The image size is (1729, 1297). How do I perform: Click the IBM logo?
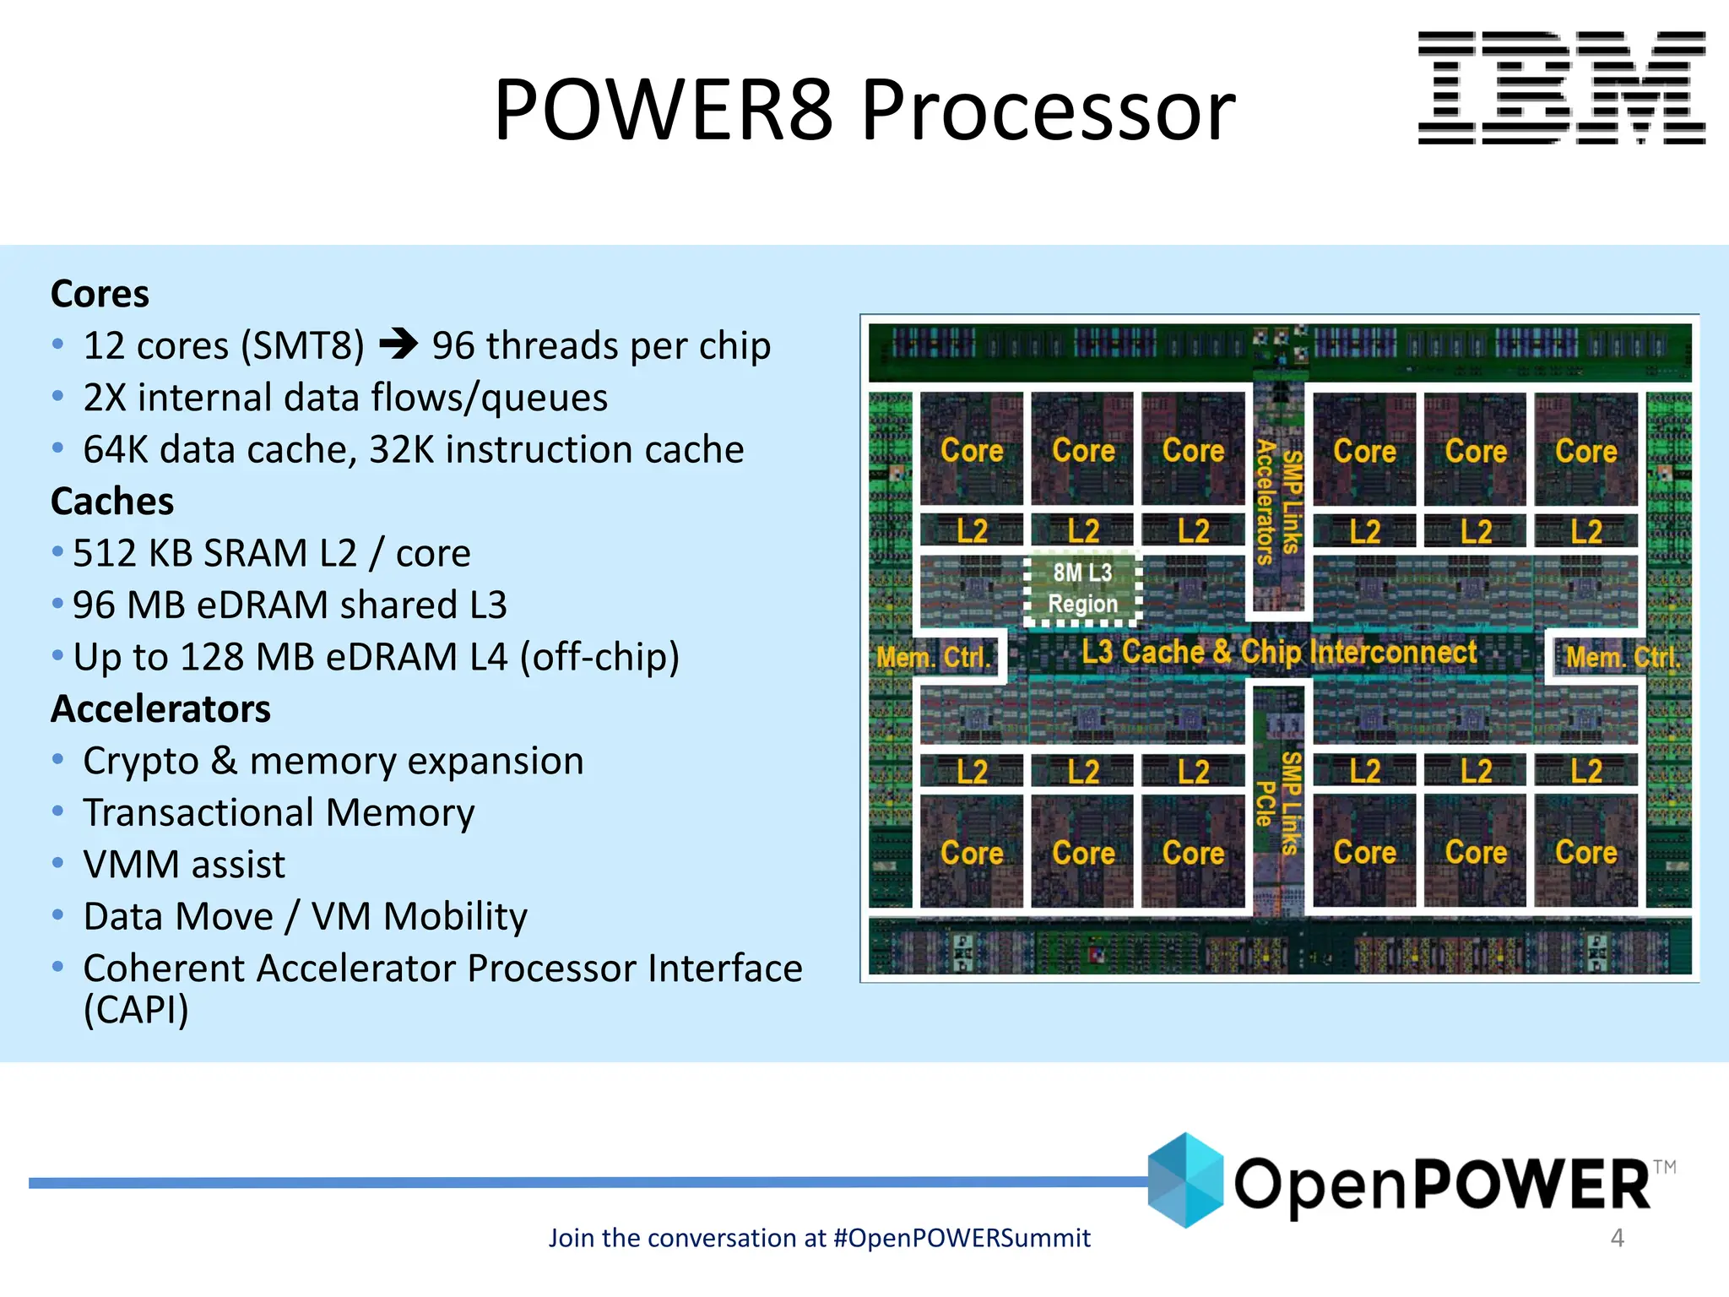point(1561,88)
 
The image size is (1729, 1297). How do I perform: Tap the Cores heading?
point(100,294)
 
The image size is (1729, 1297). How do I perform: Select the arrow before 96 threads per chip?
point(398,344)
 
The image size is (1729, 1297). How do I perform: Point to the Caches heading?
point(112,502)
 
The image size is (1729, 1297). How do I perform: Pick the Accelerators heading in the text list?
point(160,708)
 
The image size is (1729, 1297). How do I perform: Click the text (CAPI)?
point(136,1010)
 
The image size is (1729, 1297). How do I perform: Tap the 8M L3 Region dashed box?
point(1082,588)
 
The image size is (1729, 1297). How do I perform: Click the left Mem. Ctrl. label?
point(933,657)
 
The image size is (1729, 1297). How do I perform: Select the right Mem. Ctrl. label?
point(1622,657)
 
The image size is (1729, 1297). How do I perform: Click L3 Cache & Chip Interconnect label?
point(1279,652)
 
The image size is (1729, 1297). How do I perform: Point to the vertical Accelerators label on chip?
point(1265,502)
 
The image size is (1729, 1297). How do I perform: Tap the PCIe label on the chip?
point(1264,803)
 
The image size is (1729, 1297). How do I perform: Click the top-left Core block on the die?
point(972,450)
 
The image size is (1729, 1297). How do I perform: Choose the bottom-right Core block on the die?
point(1585,852)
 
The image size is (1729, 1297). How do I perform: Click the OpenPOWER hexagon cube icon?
point(1185,1180)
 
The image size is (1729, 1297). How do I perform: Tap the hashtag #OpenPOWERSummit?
point(962,1238)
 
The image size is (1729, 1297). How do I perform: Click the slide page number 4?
point(1617,1238)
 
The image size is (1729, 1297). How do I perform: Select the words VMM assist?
point(184,865)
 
